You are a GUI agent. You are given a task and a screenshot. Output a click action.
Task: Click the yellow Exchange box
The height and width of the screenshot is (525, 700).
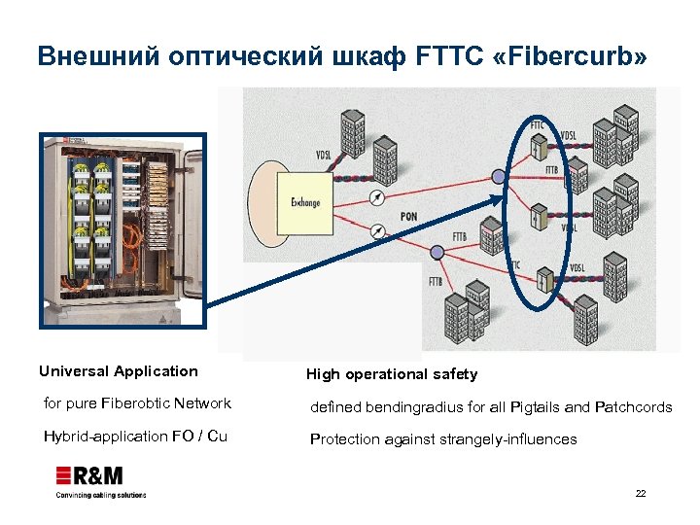click(x=303, y=202)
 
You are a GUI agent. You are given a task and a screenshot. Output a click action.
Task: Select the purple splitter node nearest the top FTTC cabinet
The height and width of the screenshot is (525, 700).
click(x=499, y=176)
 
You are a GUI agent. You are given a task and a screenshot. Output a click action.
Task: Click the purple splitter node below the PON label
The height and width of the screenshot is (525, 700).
click(x=437, y=252)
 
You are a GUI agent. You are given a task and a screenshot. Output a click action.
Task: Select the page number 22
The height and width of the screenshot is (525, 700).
click(x=641, y=494)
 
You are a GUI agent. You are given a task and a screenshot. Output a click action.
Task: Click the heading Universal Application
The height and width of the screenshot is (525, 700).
click(x=118, y=371)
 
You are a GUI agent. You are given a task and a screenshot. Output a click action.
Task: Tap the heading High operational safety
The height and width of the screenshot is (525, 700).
click(x=392, y=374)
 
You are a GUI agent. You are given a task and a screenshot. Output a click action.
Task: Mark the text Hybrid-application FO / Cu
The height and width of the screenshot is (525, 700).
click(x=135, y=437)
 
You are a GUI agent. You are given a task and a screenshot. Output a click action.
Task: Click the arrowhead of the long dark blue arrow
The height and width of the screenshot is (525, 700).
click(x=503, y=198)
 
